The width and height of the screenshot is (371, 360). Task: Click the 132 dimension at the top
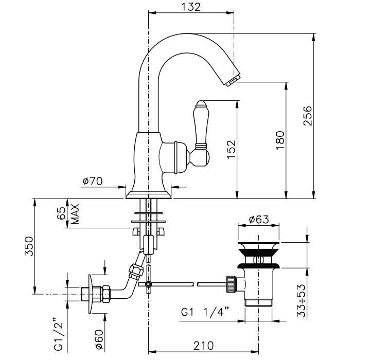190,7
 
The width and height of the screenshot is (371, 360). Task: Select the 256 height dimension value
307,116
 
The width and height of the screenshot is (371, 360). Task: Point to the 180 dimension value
280,140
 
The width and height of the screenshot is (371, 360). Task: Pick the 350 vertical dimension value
28,246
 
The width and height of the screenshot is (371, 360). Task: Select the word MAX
75,213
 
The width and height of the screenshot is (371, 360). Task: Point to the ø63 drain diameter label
259,220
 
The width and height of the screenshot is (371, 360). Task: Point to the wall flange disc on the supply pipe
92,294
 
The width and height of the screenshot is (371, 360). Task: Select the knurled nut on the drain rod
232,283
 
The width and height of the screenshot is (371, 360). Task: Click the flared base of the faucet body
149,193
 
